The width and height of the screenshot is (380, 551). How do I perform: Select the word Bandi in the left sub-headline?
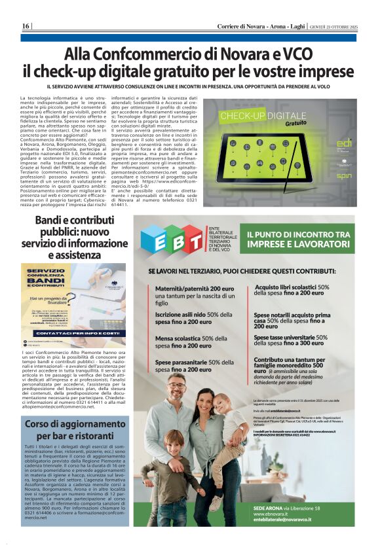[54, 221]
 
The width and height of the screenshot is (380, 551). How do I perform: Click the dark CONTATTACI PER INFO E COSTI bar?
[73, 332]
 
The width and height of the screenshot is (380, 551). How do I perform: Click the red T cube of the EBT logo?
[193, 242]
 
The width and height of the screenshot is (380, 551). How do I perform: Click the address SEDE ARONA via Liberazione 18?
[287, 508]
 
